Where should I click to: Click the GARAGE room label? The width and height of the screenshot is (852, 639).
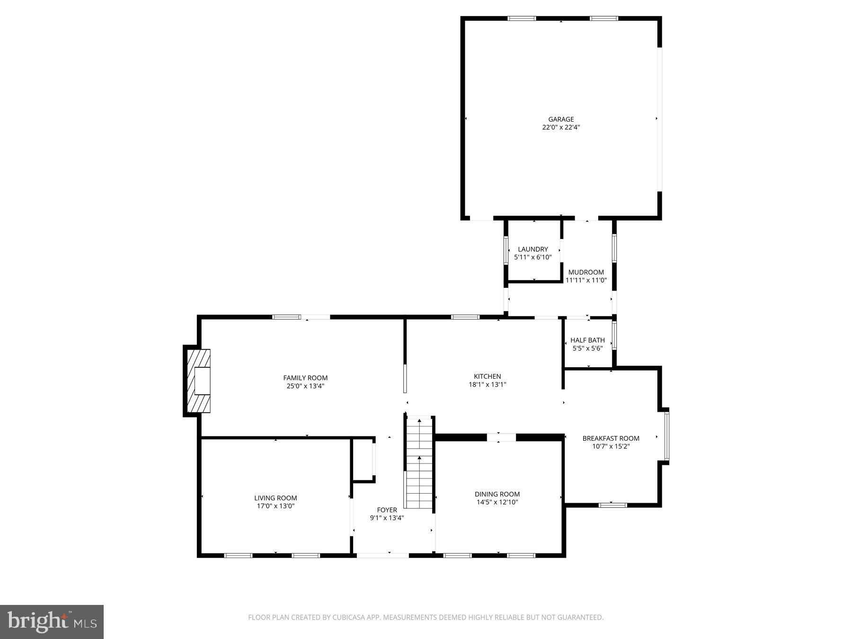[x=561, y=119]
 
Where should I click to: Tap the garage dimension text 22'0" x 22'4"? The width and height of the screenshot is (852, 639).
[x=561, y=127]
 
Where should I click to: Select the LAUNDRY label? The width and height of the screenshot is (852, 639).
[x=532, y=249]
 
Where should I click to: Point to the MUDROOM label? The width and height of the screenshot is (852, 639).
[x=586, y=272]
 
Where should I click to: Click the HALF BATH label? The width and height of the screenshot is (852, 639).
[x=587, y=340]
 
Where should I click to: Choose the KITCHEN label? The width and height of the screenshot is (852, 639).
[x=487, y=376]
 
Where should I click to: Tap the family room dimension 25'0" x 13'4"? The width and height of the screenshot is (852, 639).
[x=305, y=386]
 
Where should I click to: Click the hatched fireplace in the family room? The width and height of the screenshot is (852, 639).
[x=198, y=381]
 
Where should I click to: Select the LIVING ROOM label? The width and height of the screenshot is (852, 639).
[x=275, y=497]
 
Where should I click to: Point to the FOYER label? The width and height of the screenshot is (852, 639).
[x=387, y=510]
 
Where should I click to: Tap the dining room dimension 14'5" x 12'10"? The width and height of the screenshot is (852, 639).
[x=497, y=502]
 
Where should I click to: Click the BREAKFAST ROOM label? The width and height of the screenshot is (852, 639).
[x=611, y=438]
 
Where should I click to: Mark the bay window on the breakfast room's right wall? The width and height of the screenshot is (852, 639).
[x=666, y=436]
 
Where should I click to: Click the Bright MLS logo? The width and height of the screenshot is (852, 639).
[x=52, y=621]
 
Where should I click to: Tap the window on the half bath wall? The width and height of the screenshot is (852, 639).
[x=614, y=336]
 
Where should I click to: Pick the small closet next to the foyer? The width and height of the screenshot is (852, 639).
[x=364, y=459]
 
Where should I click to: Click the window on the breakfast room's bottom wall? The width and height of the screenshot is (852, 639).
[x=612, y=505]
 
